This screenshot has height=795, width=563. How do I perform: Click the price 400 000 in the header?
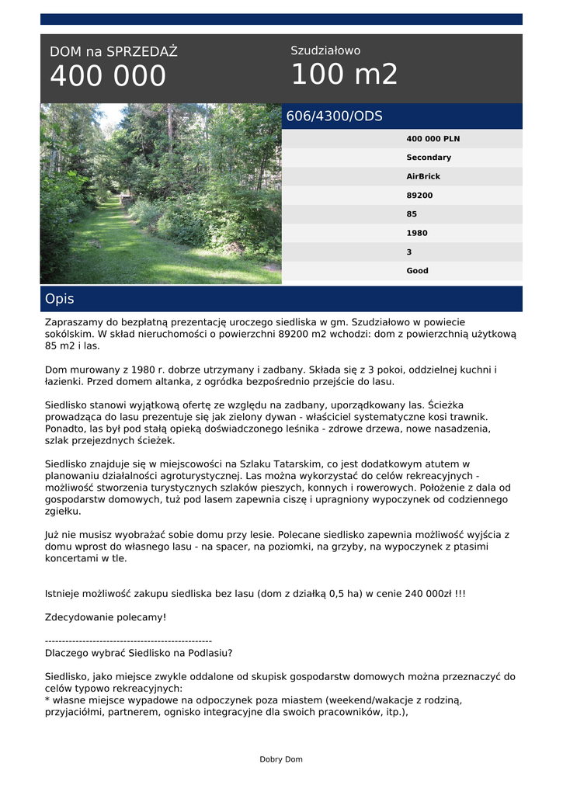tap(108, 76)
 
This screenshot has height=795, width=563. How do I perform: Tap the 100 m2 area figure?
tap(344, 75)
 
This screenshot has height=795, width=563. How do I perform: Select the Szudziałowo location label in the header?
tap(325, 50)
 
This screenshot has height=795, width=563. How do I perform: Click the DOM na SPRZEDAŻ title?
tap(113, 52)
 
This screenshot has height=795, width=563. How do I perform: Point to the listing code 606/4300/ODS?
tap(335, 116)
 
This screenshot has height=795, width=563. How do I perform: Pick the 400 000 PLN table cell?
tap(433, 139)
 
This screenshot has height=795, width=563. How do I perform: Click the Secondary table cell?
tap(429, 158)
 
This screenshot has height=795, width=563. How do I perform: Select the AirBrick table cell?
tap(423, 176)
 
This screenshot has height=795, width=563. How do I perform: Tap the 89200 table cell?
tap(419, 196)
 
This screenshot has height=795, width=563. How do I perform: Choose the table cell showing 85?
tap(412, 214)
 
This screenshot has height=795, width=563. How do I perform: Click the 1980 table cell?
tap(417, 233)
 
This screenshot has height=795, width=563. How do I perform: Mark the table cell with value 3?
tap(409, 252)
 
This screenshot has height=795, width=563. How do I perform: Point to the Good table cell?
tap(417, 271)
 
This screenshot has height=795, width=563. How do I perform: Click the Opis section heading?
tap(60, 299)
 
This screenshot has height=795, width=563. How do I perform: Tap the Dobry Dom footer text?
tap(281, 759)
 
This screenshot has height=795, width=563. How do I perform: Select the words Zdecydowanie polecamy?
tap(106, 617)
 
